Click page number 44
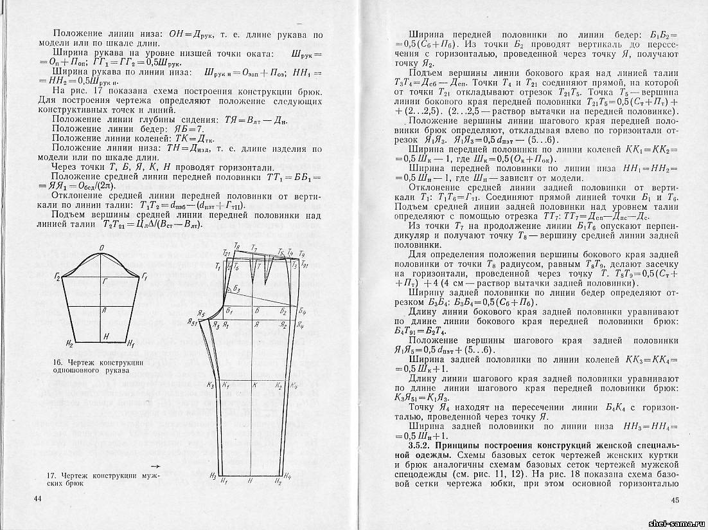point(37,498)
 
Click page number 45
point(674,500)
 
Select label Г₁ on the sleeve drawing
point(145,277)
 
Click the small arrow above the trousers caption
point(154,463)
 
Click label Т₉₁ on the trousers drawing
point(304,265)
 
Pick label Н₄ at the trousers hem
point(287,477)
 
